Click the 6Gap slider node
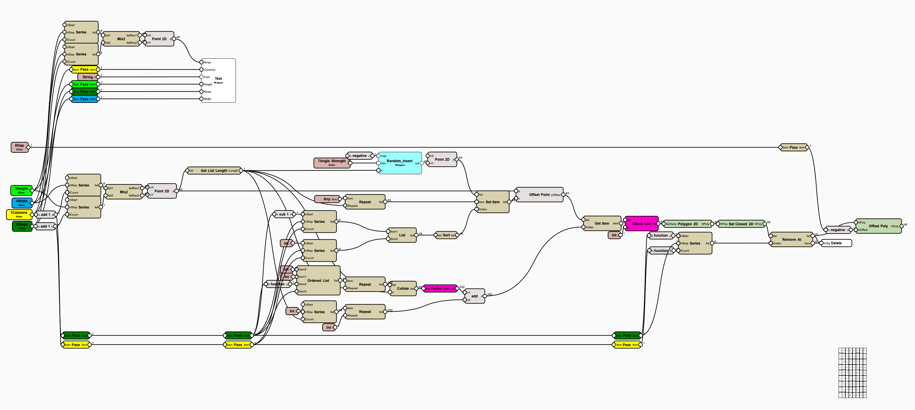(19, 147)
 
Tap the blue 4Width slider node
(22, 203)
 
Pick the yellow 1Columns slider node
(19, 214)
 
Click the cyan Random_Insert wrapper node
(400, 163)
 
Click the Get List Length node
(214, 171)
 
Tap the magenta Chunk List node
(641, 223)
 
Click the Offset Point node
(539, 194)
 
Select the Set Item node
(493, 202)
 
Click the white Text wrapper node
(218, 81)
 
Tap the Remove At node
(791, 239)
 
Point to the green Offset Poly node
(878, 226)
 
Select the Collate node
(403, 288)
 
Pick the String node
(87, 77)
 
